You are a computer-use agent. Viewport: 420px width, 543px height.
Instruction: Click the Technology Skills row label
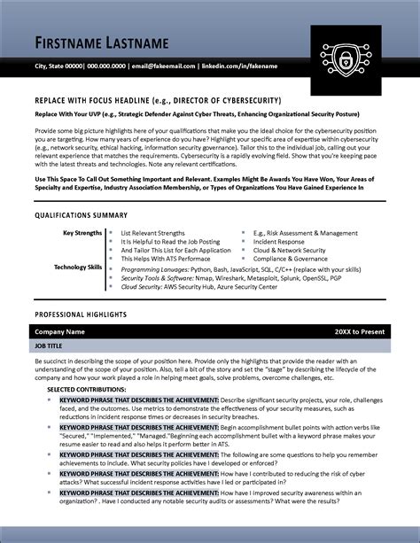pyautogui.click(x=78, y=266)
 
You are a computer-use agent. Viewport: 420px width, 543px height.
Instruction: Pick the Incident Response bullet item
pyautogui.click(x=278, y=242)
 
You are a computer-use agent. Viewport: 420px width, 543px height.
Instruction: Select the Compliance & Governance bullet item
pyautogui.click(x=290, y=259)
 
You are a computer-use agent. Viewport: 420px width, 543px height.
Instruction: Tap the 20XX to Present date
pyautogui.click(x=360, y=331)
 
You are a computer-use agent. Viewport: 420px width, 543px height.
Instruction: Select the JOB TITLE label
pyautogui.click(x=49, y=347)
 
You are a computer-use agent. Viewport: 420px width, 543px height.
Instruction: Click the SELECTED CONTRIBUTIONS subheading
pyautogui.click(x=86, y=389)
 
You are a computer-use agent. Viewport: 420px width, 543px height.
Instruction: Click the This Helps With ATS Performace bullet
pyautogui.click(x=165, y=259)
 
